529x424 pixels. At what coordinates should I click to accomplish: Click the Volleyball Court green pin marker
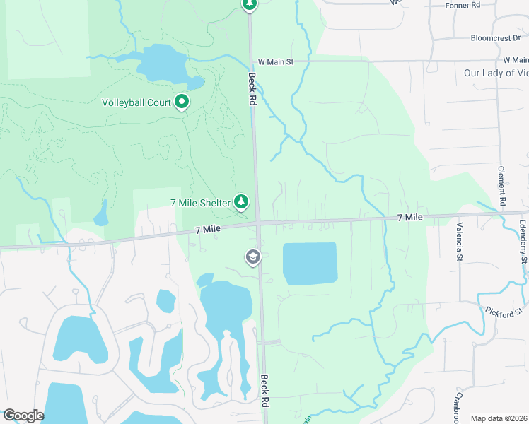pyautogui.click(x=182, y=102)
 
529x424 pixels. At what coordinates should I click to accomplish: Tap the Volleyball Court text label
pyautogui.click(x=136, y=102)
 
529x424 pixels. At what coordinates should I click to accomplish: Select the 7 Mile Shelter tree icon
pyautogui.click(x=242, y=203)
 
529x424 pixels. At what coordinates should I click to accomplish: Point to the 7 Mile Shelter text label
pyautogui.click(x=201, y=203)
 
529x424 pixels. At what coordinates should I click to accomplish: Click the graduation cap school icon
pyautogui.click(x=252, y=258)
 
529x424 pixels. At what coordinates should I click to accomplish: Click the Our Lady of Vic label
pyautogui.click(x=495, y=73)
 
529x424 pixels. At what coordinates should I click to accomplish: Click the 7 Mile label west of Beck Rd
pyautogui.click(x=209, y=230)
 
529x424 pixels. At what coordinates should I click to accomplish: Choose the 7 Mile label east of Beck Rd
pyautogui.click(x=409, y=217)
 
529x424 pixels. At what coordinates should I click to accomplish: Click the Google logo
pyautogui.click(x=23, y=416)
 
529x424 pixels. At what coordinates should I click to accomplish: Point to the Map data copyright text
pyautogui.click(x=499, y=418)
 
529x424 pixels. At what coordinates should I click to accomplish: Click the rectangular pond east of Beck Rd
pyautogui.click(x=310, y=264)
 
